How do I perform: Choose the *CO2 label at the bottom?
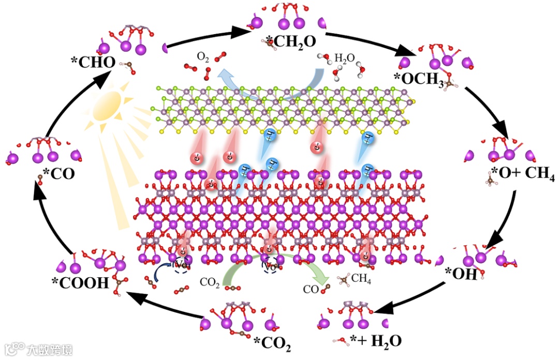pos(276,342)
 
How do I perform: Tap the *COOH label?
pos(80,283)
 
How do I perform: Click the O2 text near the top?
pos(203,56)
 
